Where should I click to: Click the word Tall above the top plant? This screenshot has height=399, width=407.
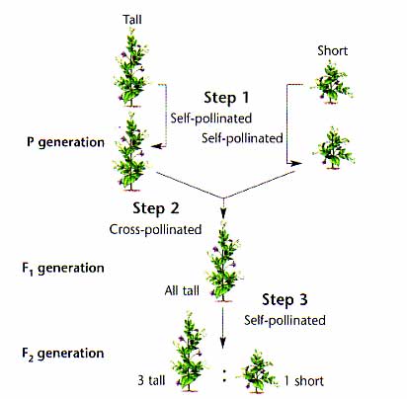pos(132,19)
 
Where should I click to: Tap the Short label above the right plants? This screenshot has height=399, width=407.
pos(333,50)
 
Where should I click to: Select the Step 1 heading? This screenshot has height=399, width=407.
pos(226,98)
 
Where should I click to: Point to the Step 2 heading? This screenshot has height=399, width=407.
pos(156,208)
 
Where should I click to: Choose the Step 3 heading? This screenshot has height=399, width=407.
pos(285,299)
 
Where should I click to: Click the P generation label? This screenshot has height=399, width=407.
pos(65,142)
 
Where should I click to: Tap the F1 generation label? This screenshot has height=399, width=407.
pos(63,269)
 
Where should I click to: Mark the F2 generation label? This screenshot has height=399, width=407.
pos(63,354)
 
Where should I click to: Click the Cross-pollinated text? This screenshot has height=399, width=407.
pos(155,229)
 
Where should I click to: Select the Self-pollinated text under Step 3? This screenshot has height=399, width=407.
pos(285,320)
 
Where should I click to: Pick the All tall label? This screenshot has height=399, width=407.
pos(182,290)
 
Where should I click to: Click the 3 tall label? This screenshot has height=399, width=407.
pos(151,380)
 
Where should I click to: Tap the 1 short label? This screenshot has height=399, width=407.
pos(303,381)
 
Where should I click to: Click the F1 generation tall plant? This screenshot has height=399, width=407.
pos(223,262)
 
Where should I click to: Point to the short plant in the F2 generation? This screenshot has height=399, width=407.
pos(257,372)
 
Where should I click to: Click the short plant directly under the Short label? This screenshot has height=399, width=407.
pos(332,81)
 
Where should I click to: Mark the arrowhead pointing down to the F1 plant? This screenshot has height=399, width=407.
pos(223,214)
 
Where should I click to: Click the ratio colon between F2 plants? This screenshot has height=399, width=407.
pos(224,375)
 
